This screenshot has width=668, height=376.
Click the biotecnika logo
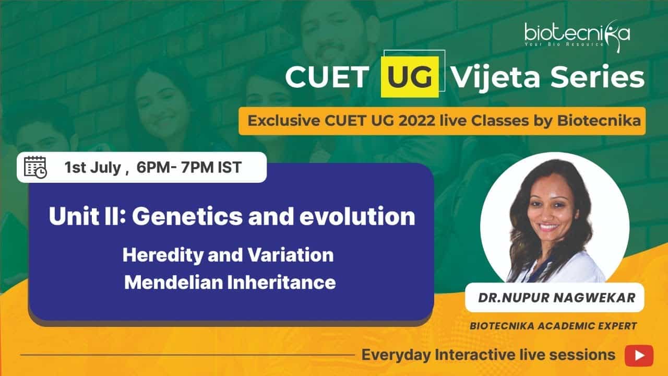pyautogui.click(x=577, y=35)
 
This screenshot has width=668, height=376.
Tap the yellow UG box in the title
pyautogui.click(x=410, y=77)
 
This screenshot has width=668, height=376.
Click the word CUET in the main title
pyautogui.click(x=327, y=77)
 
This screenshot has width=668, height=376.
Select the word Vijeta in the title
pyautogui.click(x=496, y=77)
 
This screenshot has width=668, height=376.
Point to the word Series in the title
pyautogui.click(x=598, y=77)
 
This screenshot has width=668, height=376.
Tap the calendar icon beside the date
pyautogui.click(x=35, y=167)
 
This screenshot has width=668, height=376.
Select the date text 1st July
pyautogui.click(x=93, y=168)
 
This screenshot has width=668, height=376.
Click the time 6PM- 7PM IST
pyautogui.click(x=189, y=167)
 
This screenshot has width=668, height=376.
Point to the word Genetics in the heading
pyautogui.click(x=187, y=216)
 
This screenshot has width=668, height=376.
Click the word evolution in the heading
pyautogui.click(x=357, y=216)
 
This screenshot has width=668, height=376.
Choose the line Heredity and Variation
pyautogui.click(x=228, y=255)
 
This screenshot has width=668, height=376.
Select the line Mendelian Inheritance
pyautogui.click(x=230, y=283)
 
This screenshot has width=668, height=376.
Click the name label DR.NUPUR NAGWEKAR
pyautogui.click(x=557, y=298)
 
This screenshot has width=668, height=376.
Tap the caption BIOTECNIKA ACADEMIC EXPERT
pyautogui.click(x=553, y=326)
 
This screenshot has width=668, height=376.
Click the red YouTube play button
pyautogui.click(x=639, y=356)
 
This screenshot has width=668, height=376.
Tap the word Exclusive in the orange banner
pyautogui.click(x=283, y=121)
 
